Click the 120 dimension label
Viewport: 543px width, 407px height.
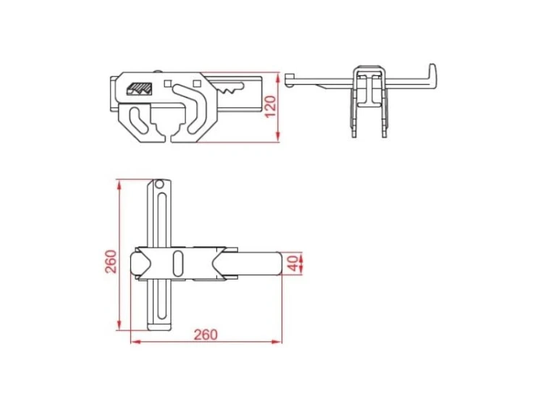[x=271, y=106]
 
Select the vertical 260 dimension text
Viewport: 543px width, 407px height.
[x=111, y=261]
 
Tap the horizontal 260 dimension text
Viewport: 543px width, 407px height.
[x=206, y=335]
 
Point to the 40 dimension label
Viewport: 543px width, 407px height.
[x=292, y=264]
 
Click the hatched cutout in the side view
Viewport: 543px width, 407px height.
[x=140, y=88]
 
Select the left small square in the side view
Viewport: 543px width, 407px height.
[x=168, y=83]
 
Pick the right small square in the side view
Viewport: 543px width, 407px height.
[x=197, y=83]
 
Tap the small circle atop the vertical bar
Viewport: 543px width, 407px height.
[x=159, y=183]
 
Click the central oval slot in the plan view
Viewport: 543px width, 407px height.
[x=178, y=264]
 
